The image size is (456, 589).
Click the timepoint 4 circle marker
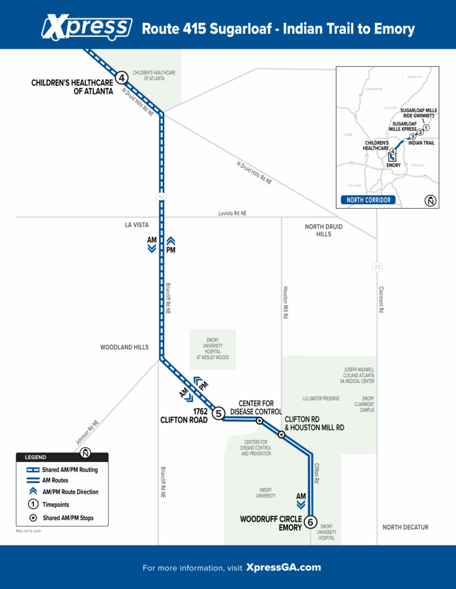coord(122,78)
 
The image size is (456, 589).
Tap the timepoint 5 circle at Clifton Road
coord(219,414)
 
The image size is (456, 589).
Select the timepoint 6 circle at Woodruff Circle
coord(311,522)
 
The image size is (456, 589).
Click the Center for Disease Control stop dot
coord(260,421)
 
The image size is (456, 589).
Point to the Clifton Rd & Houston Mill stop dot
coord(281,435)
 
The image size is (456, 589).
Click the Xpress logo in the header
coord(87,27)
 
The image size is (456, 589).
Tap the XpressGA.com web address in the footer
coord(284,567)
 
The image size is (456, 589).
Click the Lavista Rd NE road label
coord(233,213)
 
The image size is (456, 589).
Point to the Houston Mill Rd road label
coord(285,303)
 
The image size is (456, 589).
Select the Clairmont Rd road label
coord(381,299)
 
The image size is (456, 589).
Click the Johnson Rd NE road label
coord(87,433)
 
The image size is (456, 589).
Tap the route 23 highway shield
coord(377,267)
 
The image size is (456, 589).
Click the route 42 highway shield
coord(161,197)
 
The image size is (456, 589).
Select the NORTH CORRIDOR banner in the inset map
coord(368,200)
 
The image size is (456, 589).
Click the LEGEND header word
coord(35,457)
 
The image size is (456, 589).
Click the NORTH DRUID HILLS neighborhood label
coord(324,230)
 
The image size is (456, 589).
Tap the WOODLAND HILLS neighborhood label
coord(124,347)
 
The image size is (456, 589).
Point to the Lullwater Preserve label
coord(321,399)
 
